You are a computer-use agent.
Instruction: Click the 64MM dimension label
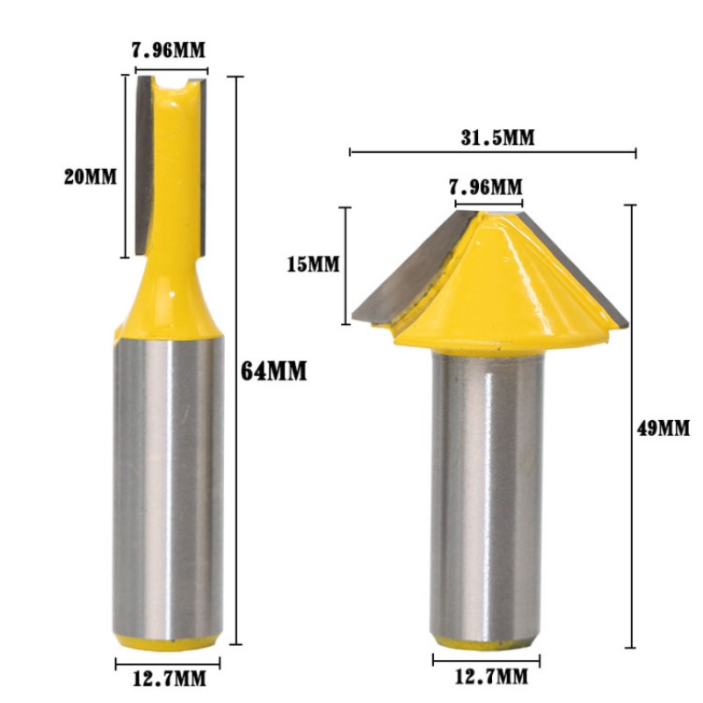coord(273,372)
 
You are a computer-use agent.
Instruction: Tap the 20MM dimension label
coord(90,176)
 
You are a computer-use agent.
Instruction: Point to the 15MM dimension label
coord(313,264)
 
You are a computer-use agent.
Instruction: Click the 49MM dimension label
coord(663,429)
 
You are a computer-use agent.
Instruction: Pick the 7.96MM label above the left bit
coord(171,50)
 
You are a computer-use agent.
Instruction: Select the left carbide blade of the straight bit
coord(142,167)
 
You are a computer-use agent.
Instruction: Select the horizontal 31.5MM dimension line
coord(492,153)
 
